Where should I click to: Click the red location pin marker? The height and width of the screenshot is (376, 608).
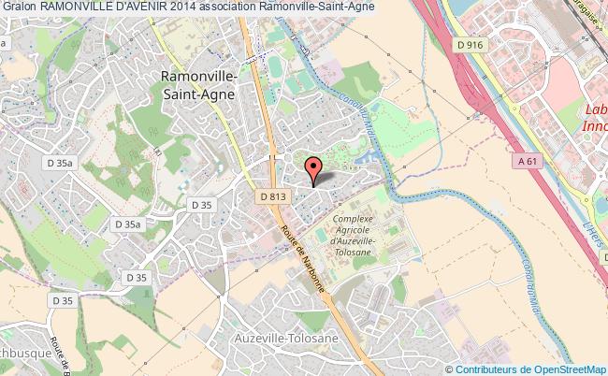(314, 170)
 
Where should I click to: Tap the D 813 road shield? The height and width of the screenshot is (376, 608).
(272, 197)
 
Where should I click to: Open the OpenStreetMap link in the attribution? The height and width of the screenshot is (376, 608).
(562, 369)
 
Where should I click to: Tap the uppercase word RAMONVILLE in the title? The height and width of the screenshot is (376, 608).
(81, 8)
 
